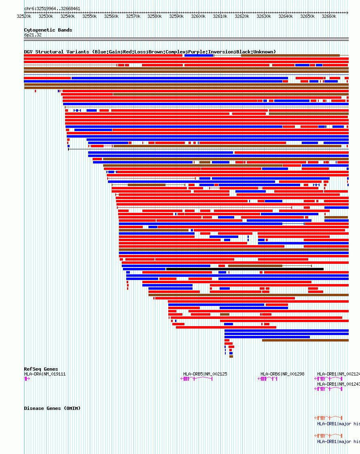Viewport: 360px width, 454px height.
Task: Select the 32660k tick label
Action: coord(329,17)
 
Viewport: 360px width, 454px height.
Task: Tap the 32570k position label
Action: coord(133,17)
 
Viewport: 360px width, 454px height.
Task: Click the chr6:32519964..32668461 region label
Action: coord(52,8)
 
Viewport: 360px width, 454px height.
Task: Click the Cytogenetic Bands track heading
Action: coord(48,30)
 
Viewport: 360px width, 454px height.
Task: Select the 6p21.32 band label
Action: coord(32,35)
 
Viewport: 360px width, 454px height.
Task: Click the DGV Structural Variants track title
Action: coord(150,52)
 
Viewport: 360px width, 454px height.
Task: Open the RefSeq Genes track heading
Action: coord(41,369)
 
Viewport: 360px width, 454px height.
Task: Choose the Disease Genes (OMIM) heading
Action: coord(52,408)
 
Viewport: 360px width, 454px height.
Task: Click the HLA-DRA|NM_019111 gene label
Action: coord(44,374)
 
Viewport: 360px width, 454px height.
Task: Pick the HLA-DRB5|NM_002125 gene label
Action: coord(205,374)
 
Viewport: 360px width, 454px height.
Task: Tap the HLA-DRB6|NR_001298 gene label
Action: coord(282,374)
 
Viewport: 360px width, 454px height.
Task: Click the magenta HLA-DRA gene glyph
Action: coord(27,379)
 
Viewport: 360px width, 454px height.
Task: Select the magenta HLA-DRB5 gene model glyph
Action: coord(197,379)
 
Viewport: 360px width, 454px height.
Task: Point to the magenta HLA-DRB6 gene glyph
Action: coord(268,379)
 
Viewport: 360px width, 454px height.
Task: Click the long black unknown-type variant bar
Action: coord(245,269)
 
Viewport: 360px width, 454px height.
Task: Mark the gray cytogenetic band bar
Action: coord(186,39)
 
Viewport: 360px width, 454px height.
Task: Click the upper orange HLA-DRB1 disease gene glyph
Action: coord(328,418)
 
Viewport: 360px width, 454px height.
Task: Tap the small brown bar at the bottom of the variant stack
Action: coord(231,356)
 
